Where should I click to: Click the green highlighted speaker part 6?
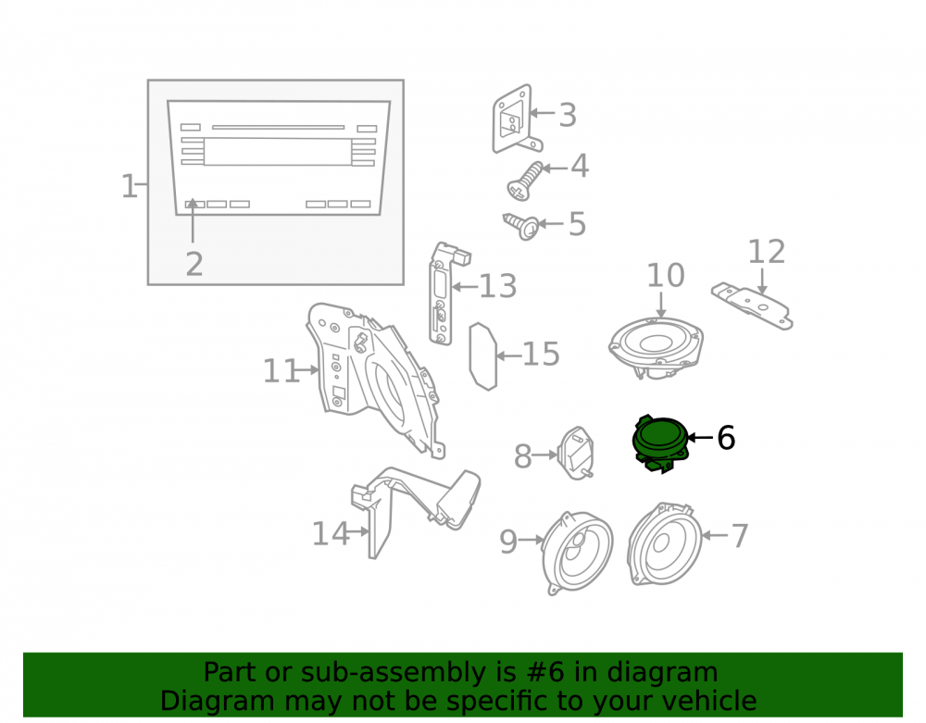[660, 443]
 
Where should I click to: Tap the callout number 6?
[726, 438]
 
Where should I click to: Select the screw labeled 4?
[524, 181]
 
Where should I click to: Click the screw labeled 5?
[521, 226]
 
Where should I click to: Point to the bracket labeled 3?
[516, 119]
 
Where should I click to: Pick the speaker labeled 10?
[657, 347]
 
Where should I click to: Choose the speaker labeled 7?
[664, 543]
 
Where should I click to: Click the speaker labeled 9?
[577, 553]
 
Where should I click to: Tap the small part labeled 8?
[575, 454]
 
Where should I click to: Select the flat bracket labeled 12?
[752, 305]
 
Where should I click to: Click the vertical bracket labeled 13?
[447, 293]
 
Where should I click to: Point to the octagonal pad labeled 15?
[483, 355]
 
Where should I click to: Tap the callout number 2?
[194, 264]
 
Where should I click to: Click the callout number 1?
[128, 186]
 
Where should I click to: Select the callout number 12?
[767, 252]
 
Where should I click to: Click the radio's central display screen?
[278, 152]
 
